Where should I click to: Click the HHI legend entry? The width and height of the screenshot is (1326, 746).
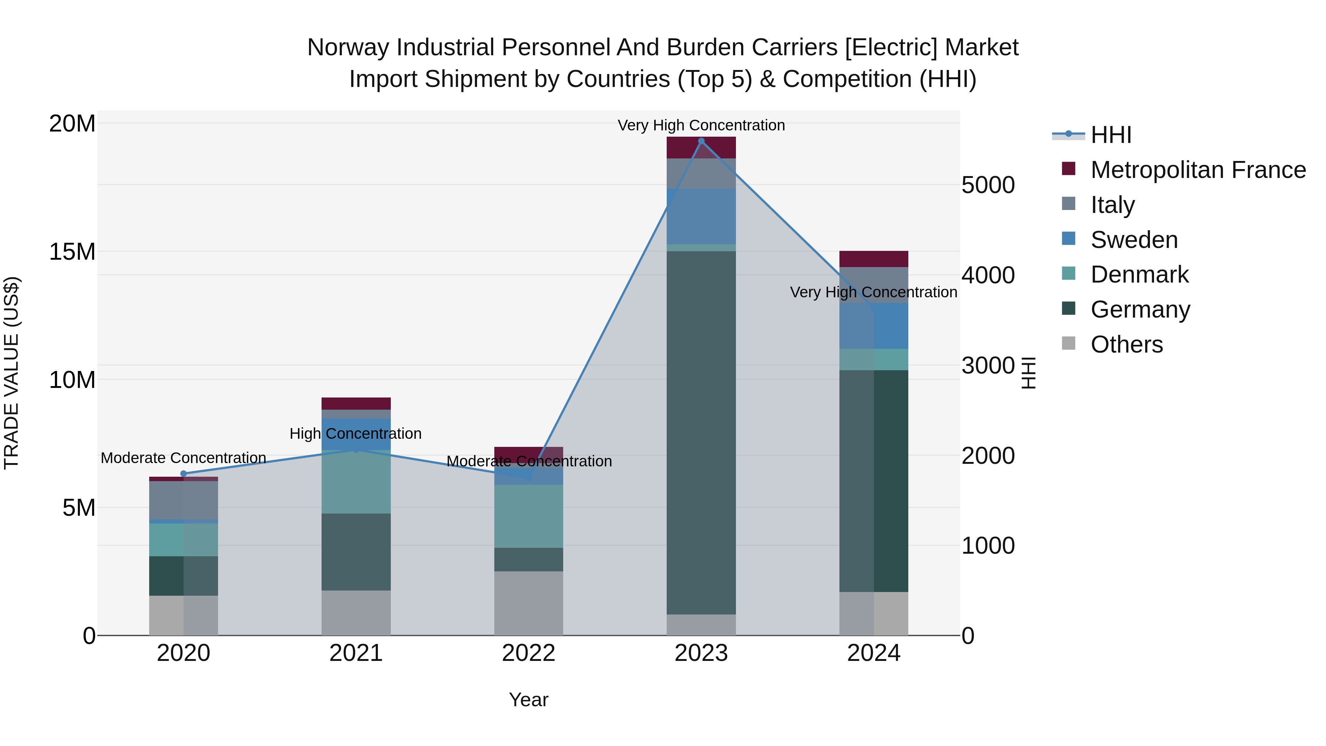(x=1110, y=135)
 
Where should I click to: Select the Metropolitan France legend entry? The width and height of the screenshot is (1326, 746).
(x=1197, y=170)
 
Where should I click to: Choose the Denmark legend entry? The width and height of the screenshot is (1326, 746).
(x=1139, y=274)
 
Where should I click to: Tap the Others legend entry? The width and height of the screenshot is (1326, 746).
(x=1126, y=344)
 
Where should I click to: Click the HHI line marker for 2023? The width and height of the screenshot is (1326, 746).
(x=701, y=141)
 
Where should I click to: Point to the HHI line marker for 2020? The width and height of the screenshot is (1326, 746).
(x=184, y=474)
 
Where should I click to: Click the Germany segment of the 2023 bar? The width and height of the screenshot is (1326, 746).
(x=701, y=432)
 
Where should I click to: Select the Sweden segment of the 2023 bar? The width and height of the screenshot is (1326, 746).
(x=701, y=216)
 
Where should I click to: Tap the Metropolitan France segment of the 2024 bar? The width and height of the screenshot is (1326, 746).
(x=874, y=259)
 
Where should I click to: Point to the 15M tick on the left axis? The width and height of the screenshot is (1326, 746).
(x=72, y=252)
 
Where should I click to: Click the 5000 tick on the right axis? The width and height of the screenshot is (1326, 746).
(x=988, y=185)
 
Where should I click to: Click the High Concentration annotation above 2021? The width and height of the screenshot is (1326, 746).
(x=356, y=434)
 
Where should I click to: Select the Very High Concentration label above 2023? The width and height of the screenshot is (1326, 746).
(x=701, y=125)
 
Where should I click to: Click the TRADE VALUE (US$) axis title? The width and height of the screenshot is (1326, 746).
(x=12, y=373)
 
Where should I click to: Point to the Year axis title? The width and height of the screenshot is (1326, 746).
(x=529, y=700)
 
